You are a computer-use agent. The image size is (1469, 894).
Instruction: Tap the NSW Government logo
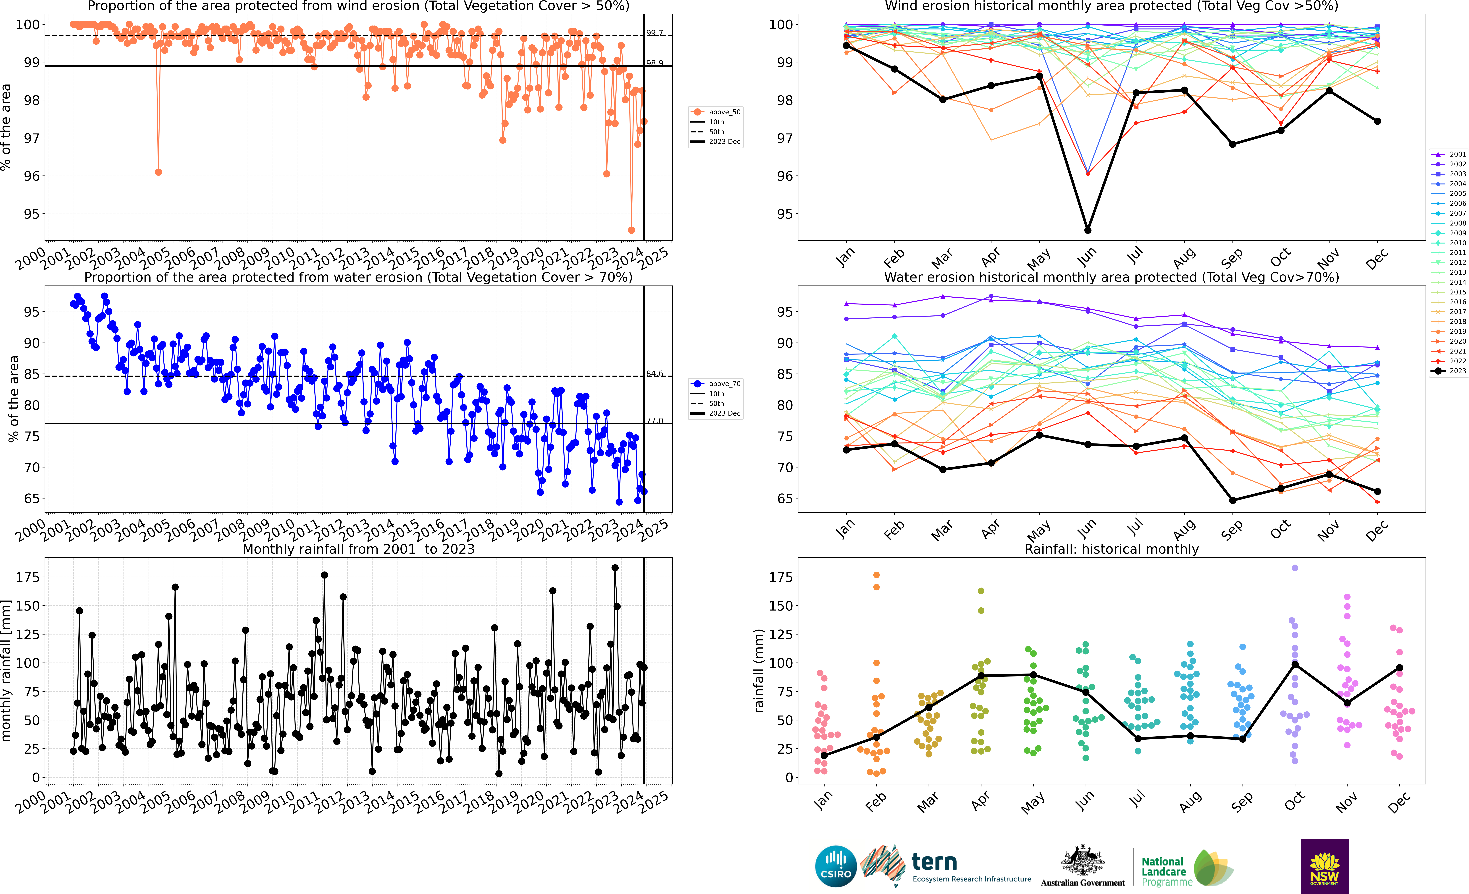pos(1324,866)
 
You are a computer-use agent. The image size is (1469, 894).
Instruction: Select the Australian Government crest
pos(1082,861)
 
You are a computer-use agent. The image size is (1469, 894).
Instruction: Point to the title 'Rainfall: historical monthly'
pos(1111,549)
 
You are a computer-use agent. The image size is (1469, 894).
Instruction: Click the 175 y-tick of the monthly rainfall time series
pos(28,577)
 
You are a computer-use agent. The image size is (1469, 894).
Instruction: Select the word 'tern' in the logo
pos(934,862)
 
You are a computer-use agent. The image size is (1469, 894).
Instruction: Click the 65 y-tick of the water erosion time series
pos(32,498)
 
